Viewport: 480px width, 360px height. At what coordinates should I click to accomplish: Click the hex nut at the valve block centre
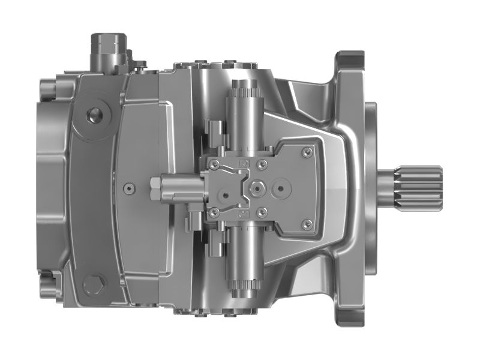pos(257,188)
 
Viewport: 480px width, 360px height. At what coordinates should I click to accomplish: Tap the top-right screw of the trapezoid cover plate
pos(307,149)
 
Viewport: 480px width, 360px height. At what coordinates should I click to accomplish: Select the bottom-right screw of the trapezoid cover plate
pos(307,224)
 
